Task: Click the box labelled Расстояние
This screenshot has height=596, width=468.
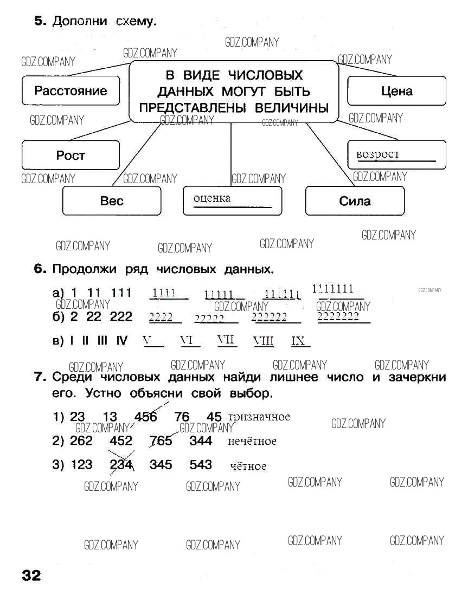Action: [70, 91]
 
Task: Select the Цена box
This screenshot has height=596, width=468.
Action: [396, 91]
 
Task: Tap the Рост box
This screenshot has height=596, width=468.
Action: [70, 156]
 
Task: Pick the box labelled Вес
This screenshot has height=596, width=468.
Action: [112, 201]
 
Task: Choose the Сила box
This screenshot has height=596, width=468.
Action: [355, 201]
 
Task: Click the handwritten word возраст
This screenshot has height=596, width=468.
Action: [377, 154]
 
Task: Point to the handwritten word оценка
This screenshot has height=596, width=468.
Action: [212, 198]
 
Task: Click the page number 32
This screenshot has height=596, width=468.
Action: [31, 575]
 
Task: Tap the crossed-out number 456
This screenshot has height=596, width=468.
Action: [145, 417]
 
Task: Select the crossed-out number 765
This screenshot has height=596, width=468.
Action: [161, 440]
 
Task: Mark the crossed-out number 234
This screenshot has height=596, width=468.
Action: [121, 464]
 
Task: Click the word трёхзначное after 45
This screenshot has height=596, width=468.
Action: [259, 417]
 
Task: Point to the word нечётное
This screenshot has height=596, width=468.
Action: [252, 441]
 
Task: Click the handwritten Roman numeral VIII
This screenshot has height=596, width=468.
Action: [264, 341]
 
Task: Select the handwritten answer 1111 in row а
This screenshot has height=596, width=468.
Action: [164, 293]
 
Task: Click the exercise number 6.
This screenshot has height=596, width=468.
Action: [40, 269]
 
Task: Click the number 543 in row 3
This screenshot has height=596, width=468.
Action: [201, 464]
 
